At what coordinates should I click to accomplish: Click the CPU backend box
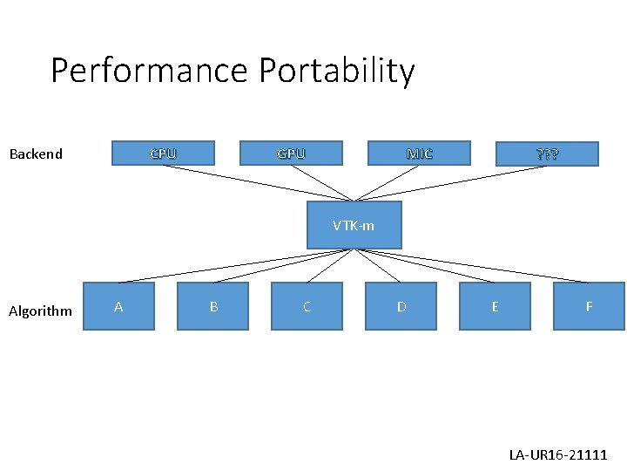click(x=163, y=154)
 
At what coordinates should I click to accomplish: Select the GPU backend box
click(x=291, y=154)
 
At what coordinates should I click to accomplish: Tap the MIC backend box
click(x=419, y=154)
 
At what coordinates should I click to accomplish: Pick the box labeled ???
click(x=547, y=154)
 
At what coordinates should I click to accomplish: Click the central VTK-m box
click(x=354, y=225)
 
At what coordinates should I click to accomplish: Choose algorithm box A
click(x=118, y=306)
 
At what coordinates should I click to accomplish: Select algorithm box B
click(x=213, y=306)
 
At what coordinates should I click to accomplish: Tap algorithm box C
click(x=307, y=306)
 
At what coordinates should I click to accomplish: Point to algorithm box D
click(x=401, y=306)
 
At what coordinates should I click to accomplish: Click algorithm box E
click(x=495, y=306)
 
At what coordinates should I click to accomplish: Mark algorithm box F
click(x=589, y=306)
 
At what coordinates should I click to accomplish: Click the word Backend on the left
click(x=36, y=154)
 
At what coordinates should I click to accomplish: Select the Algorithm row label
click(x=40, y=311)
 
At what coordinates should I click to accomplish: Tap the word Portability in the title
click(x=334, y=71)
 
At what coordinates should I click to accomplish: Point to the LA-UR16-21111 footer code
click(x=558, y=455)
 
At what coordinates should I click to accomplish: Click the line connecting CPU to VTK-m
click(x=259, y=183)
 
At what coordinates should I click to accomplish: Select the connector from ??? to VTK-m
click(x=450, y=183)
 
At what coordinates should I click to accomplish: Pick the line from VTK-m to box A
click(x=236, y=266)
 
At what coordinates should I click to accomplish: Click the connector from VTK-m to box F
click(x=471, y=266)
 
